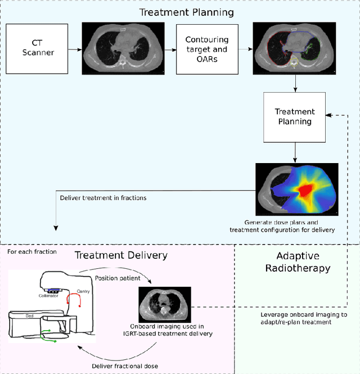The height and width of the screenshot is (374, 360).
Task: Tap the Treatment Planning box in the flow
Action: (x=295, y=116)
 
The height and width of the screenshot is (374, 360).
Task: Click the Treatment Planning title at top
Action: (x=179, y=12)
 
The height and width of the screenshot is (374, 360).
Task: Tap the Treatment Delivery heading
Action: (x=121, y=255)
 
